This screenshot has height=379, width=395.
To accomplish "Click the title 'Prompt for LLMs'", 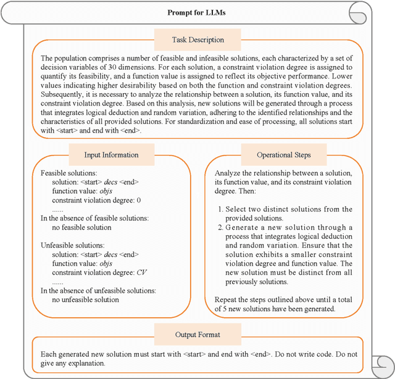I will tap(197, 12).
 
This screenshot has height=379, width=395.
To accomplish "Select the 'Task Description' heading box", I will tap(197, 40).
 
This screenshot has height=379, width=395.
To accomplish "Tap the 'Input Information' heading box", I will tap(111, 155).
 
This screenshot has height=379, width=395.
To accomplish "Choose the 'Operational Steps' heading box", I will tap(283, 155).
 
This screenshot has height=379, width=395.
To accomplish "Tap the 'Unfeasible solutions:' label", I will tap(72, 245).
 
